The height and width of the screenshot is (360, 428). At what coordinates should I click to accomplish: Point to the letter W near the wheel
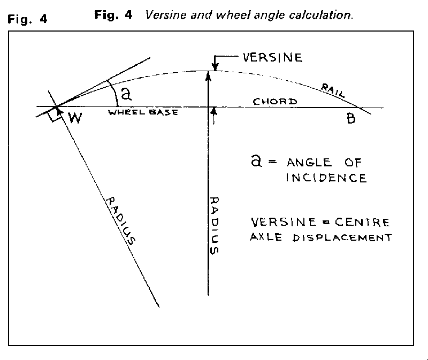coord(75,117)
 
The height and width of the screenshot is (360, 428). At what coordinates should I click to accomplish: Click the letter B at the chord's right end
coord(350,118)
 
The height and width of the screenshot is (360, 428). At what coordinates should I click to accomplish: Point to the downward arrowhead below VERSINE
coord(215,67)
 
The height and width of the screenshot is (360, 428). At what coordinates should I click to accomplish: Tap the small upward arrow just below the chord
coord(215,111)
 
